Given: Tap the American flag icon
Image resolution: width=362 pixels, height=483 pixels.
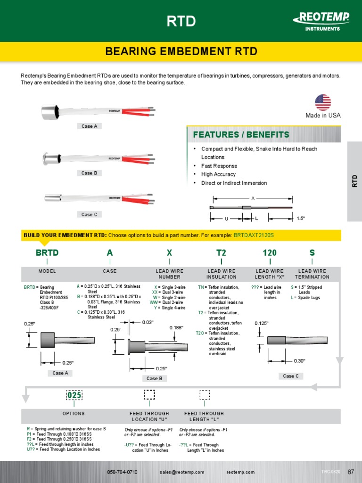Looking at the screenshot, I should [x=323, y=102].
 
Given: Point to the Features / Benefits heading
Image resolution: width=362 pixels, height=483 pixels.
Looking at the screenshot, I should [x=241, y=135].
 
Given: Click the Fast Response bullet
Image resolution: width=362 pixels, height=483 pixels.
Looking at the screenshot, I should [x=219, y=166].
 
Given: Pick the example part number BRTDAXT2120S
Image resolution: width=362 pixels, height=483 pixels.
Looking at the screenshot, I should [x=254, y=235].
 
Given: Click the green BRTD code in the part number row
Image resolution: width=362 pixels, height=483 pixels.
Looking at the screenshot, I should [x=47, y=253].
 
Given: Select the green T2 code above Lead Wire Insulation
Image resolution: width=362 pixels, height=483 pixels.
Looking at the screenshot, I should [x=222, y=253].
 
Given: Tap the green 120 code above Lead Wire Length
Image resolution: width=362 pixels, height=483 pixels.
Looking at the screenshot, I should [x=270, y=253].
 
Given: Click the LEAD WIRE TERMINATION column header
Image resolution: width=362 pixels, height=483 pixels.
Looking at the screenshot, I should [x=312, y=274].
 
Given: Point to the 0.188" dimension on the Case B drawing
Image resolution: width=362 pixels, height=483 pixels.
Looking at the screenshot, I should [x=176, y=327].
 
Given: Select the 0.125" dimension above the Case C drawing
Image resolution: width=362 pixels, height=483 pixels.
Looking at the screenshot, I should [x=262, y=324].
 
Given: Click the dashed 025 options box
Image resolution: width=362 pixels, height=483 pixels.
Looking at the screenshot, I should [x=74, y=395].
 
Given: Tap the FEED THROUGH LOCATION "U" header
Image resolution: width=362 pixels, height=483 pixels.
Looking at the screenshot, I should [x=149, y=416].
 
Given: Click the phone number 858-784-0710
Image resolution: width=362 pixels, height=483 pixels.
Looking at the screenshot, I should [x=123, y=472].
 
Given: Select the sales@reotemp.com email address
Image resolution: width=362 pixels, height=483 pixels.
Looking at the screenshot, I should [x=182, y=472].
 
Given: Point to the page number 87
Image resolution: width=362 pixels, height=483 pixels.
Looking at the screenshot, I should [x=351, y=472].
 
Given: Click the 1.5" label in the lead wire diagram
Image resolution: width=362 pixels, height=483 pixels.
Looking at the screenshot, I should [x=301, y=218].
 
